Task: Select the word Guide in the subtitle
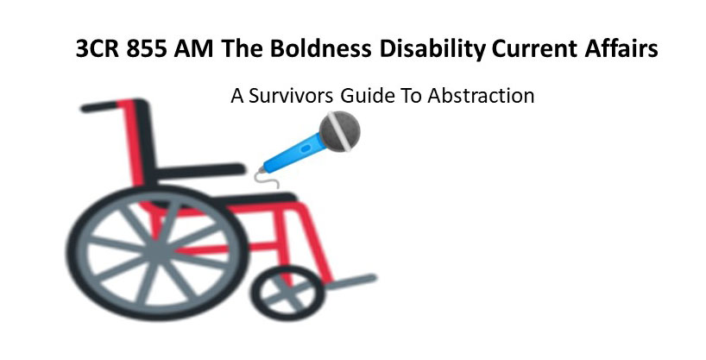pyautogui.click(x=365, y=96)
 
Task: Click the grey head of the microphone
pyautogui.click(x=338, y=133)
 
